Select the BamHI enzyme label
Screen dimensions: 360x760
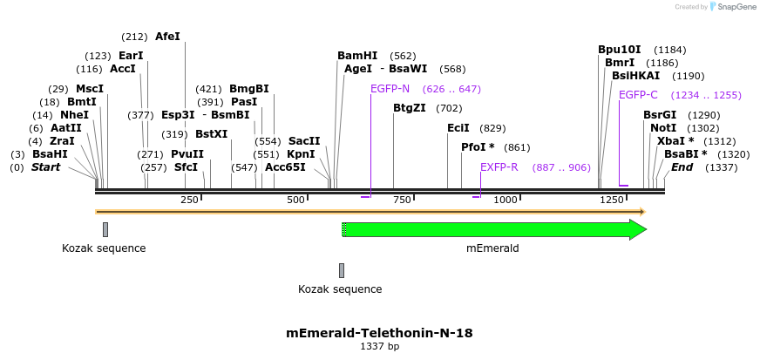(357, 56)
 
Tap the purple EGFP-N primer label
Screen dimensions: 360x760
(390, 89)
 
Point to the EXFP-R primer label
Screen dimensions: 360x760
(499, 166)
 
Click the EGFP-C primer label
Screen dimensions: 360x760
(638, 95)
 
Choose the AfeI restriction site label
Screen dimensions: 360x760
(167, 37)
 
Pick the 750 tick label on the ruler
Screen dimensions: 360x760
(402, 200)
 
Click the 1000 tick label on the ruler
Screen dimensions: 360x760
(506, 200)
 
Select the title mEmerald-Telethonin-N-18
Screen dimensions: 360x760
(379, 333)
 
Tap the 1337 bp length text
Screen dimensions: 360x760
(379, 347)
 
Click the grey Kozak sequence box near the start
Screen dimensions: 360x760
(105, 229)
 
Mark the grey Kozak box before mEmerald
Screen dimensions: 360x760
(342, 270)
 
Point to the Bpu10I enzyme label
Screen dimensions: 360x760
(619, 50)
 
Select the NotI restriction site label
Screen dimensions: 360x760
(663, 128)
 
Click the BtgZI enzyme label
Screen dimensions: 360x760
(410, 108)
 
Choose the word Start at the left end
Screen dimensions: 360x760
(45, 166)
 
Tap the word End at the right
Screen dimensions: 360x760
(682, 166)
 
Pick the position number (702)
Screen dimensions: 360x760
(449, 108)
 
